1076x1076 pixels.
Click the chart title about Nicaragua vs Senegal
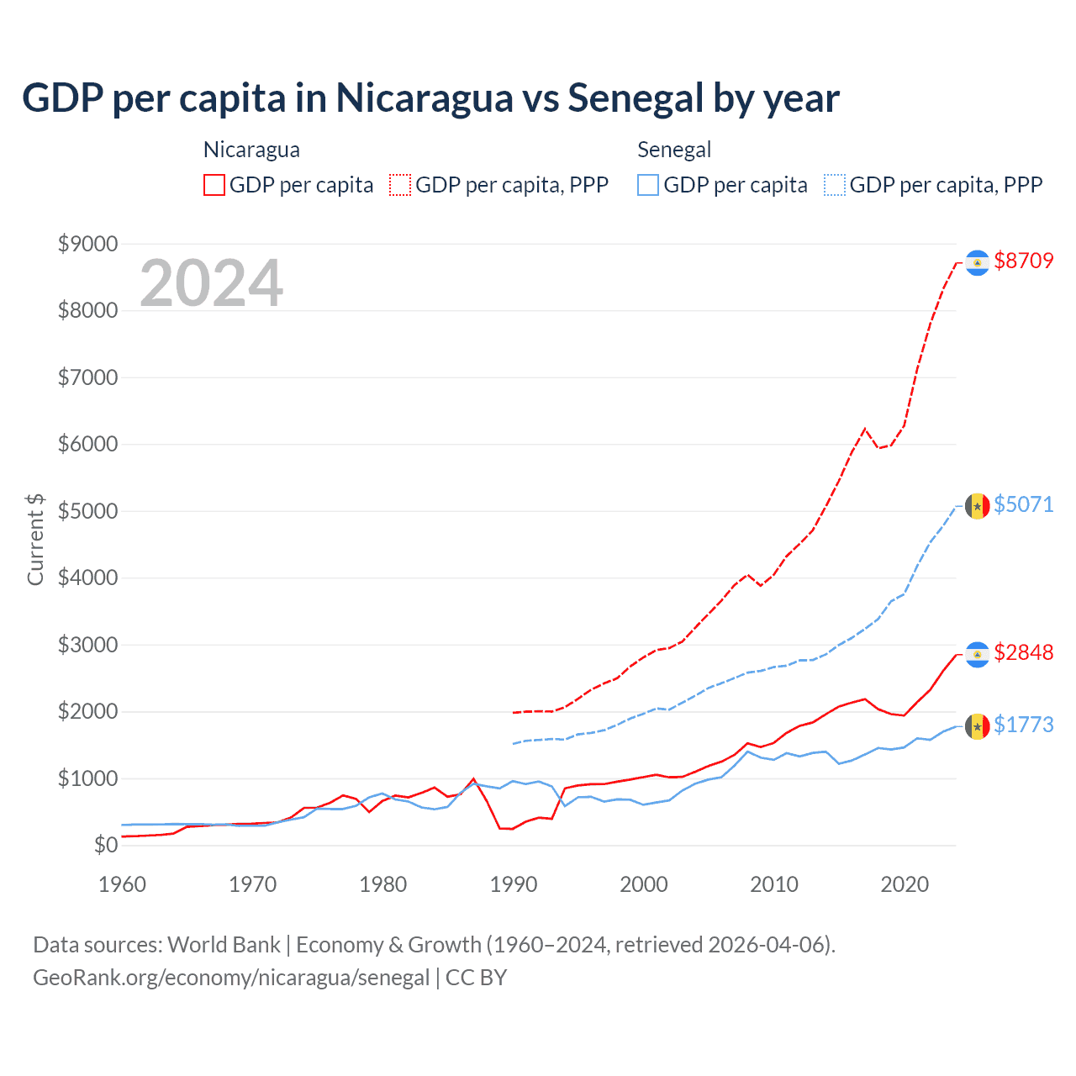tap(430, 98)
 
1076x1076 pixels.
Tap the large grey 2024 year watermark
tap(211, 283)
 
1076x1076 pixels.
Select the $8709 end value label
tap(1023, 261)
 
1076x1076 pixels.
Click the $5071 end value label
tap(1023, 504)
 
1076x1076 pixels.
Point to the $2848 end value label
tap(1023, 652)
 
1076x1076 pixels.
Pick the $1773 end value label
tap(1023, 725)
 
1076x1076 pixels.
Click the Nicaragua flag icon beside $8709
tap(977, 263)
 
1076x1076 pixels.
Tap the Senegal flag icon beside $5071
tap(977, 506)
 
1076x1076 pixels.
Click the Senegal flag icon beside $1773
tap(977, 726)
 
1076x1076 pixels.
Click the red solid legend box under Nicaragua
tap(214, 185)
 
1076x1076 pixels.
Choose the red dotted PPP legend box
tap(400, 185)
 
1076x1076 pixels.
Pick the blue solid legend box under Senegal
tap(648, 185)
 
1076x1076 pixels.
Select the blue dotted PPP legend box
tap(835, 185)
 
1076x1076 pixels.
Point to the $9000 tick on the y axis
tap(87, 244)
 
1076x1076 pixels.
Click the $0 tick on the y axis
tap(105, 845)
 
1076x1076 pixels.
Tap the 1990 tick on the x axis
tap(514, 884)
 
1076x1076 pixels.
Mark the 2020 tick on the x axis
tap(905, 884)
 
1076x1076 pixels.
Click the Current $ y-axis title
tap(35, 540)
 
